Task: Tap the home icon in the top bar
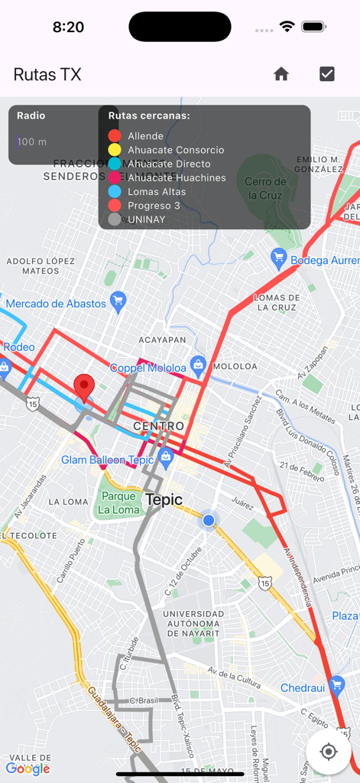281,74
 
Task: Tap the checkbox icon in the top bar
327,74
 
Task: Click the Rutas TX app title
47,74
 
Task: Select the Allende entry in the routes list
145,136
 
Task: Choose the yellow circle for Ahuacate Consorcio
115,150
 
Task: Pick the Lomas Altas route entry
156,192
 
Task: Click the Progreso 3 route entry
154,206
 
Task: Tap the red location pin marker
84,387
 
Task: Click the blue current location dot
209,520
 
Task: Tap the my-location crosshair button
329,752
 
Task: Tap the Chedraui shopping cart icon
336,684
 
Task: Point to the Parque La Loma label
119,503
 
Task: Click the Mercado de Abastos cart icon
118,302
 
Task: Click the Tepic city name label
164,500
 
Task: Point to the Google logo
28,768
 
